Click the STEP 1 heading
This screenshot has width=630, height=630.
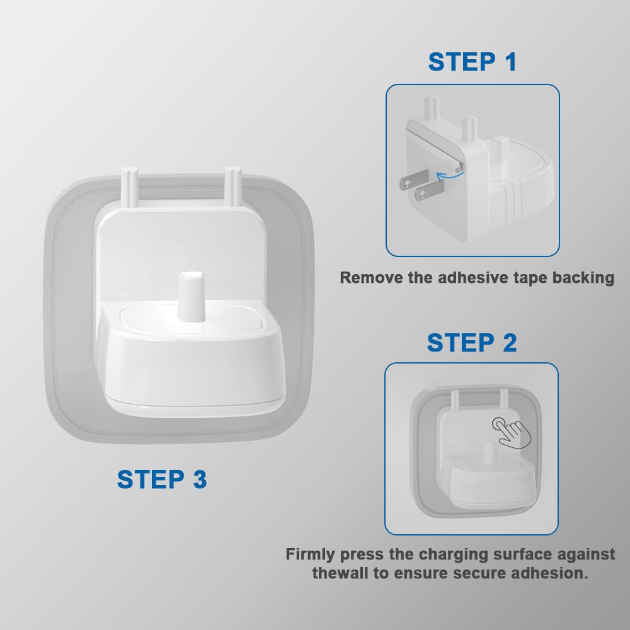tap(472, 62)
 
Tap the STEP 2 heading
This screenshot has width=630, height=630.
tap(472, 343)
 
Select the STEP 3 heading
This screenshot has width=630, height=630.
tap(162, 479)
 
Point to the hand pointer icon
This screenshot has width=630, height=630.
tap(511, 433)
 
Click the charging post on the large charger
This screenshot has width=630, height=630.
tap(192, 297)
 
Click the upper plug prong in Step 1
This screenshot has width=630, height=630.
tap(414, 180)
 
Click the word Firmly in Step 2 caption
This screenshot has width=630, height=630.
tap(311, 555)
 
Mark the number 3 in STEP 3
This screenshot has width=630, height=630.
tap(200, 479)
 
